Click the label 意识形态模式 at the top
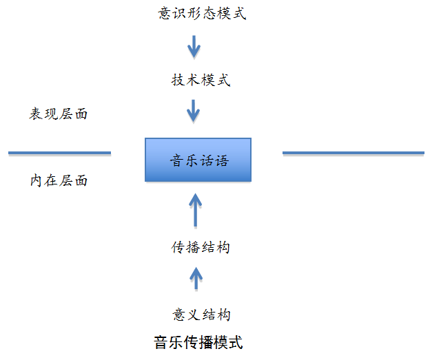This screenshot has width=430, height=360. [x=202, y=13]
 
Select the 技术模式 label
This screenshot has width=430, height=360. [x=201, y=80]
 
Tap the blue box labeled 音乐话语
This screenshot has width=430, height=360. [x=198, y=160]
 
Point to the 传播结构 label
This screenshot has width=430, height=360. [x=201, y=247]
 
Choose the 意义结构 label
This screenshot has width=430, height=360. [x=201, y=315]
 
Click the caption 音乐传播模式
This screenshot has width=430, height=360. [x=198, y=343]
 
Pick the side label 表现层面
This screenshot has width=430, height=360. [x=58, y=114]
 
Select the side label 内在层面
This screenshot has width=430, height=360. [x=59, y=180]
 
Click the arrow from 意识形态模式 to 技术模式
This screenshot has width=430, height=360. [x=194, y=47]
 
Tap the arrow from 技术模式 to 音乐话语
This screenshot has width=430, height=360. [x=194, y=111]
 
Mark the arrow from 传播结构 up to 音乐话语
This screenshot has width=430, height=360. [x=195, y=210]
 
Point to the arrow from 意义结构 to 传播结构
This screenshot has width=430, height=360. [x=196, y=278]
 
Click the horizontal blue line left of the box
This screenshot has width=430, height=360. [x=59, y=153]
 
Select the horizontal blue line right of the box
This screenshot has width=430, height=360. [x=354, y=153]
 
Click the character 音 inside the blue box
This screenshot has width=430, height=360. [x=177, y=160]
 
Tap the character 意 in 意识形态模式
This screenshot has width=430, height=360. [x=165, y=13]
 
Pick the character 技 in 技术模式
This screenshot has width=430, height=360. [x=178, y=80]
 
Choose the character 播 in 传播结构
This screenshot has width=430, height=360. [x=194, y=247]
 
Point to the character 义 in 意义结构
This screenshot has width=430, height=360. [x=194, y=315]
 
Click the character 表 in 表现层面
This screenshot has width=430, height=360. [x=37, y=114]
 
